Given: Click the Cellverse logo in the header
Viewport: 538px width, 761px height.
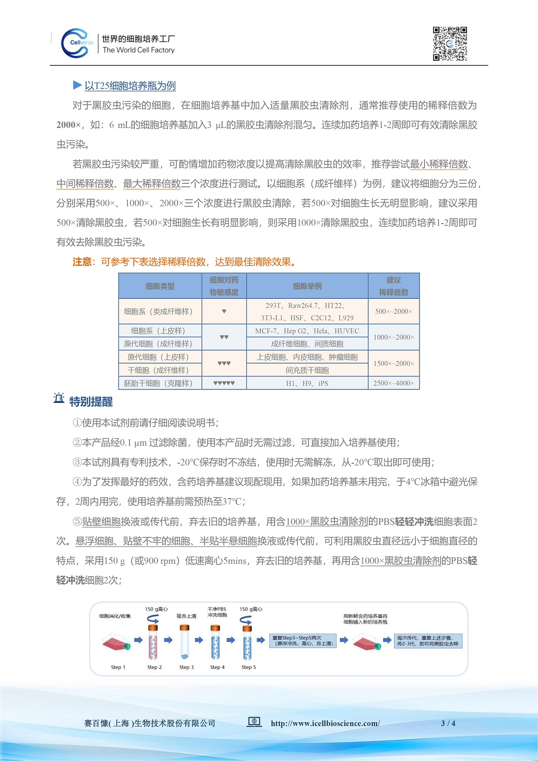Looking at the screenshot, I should [77, 43].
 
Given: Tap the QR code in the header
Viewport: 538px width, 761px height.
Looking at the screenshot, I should [450, 44].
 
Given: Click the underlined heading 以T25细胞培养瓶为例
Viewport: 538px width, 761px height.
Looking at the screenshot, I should [130, 86].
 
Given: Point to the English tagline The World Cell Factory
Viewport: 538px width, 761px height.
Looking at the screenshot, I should [138, 50].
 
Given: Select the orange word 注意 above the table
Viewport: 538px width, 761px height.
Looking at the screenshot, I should [82, 262].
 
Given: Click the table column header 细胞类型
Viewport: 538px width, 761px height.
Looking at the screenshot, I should [160, 286].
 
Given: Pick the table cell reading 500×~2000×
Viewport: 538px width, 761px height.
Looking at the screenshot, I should [394, 311].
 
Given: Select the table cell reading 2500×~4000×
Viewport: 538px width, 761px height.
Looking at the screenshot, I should [394, 383].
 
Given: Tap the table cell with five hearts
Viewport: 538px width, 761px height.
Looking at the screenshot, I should [224, 383].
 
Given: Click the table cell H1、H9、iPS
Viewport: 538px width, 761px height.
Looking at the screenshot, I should [307, 383].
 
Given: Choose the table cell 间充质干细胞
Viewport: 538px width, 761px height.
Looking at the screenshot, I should [307, 370].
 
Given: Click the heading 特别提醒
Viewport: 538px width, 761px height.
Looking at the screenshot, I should [91, 401].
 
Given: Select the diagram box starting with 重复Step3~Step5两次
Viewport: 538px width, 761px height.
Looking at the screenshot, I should [303, 640].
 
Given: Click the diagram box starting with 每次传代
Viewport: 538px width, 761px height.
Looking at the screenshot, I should [428, 640].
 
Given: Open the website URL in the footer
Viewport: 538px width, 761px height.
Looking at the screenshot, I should [325, 723].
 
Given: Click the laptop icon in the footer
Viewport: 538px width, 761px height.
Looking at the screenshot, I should [254, 722].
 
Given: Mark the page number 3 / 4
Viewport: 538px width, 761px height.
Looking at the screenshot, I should [448, 723].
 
